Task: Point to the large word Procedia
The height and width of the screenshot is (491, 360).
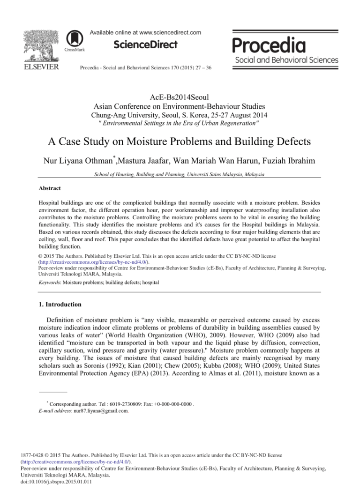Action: tap(269, 45)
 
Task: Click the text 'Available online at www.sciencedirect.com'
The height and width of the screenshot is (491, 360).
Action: tap(146, 33)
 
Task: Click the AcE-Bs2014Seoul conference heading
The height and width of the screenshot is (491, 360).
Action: tap(180, 97)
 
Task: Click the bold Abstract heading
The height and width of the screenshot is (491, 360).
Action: tap(50, 188)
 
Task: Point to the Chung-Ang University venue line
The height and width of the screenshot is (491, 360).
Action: tap(180, 114)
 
